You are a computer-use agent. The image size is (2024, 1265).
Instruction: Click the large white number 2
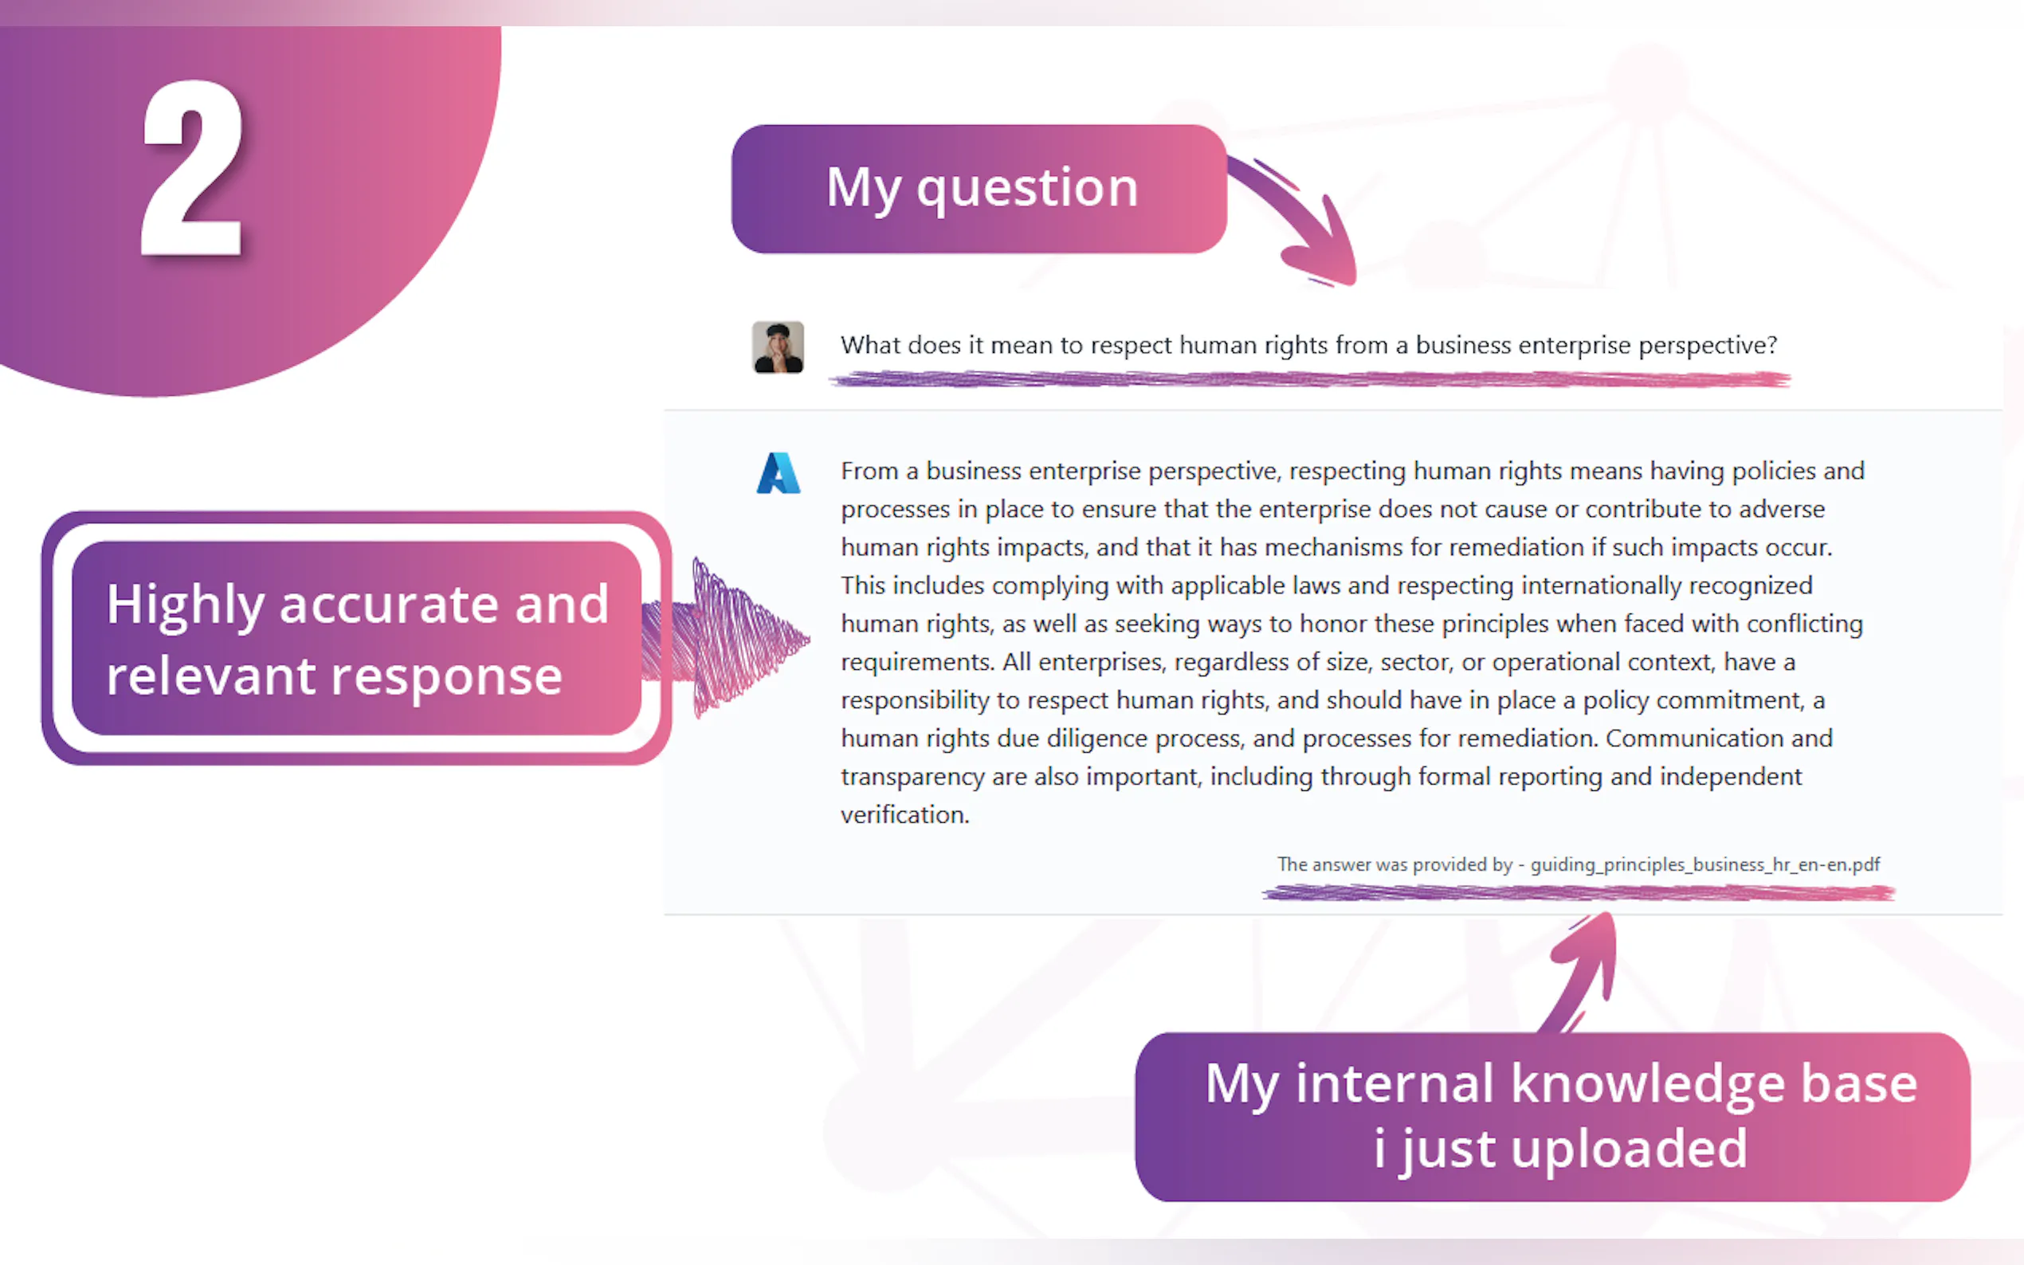(193, 167)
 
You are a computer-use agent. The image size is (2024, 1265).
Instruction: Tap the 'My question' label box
(979, 189)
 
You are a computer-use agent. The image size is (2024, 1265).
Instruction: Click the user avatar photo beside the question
(779, 347)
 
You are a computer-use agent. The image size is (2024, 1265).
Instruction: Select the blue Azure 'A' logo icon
(779, 472)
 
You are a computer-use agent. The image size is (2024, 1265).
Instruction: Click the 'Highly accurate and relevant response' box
(356, 638)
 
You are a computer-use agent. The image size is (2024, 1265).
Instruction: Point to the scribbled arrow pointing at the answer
(728, 638)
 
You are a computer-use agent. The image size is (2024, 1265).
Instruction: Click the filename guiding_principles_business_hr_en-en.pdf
(1705, 864)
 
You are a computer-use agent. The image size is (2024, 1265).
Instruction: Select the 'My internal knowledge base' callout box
(1552, 1117)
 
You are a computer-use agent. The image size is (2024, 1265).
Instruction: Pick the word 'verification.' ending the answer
(904, 814)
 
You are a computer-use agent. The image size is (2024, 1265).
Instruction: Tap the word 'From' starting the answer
(869, 471)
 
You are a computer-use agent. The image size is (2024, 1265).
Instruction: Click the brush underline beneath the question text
(1309, 380)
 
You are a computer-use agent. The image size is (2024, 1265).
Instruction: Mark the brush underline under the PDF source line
(1578, 893)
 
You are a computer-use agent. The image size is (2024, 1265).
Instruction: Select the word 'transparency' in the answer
(912, 777)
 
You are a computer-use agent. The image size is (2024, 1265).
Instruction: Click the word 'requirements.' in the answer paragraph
(918, 663)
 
